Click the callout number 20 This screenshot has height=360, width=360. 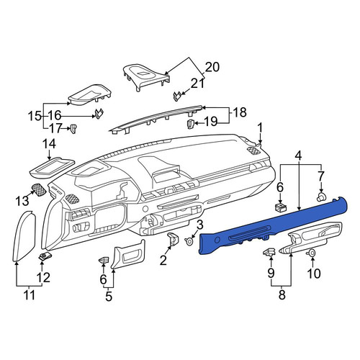(212, 67)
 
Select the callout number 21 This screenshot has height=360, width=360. (198, 84)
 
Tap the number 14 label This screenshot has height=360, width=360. (49, 144)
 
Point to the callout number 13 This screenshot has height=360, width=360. (22, 200)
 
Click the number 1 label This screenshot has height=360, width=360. (260, 128)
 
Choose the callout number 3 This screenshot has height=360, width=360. (200, 225)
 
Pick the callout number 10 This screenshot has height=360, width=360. (314, 274)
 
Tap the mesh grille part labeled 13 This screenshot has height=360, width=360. (39, 190)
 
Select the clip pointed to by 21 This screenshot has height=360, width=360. (177, 96)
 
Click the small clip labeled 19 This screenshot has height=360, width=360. (190, 124)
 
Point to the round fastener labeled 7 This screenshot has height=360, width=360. (321, 197)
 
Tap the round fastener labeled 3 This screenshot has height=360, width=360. (189, 241)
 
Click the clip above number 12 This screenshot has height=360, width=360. (45, 256)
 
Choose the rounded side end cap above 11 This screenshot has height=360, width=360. (24, 235)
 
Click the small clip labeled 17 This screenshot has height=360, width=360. (73, 129)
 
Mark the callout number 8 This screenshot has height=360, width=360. (282, 294)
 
